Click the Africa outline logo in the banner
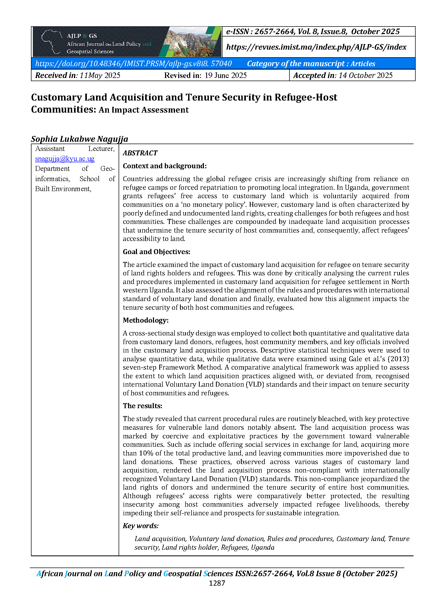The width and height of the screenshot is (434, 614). tap(51, 42)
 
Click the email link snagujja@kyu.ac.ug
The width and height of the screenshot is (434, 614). tap(65, 159)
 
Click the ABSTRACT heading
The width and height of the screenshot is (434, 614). tap(140, 153)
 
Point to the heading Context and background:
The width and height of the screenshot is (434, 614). tap(165, 166)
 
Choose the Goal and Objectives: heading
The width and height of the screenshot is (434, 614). tap(156, 252)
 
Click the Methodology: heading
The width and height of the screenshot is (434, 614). tap(146, 320)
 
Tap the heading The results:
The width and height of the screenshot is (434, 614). tap(142, 406)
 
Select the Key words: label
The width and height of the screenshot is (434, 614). tap(141, 526)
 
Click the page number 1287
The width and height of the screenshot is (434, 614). tap(217, 583)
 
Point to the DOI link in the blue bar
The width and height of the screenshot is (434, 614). tap(133, 64)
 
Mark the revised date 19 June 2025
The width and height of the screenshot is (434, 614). tap(226, 75)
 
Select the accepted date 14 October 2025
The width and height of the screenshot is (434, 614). tap(365, 75)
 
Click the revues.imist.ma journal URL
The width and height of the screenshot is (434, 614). tap(316, 47)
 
